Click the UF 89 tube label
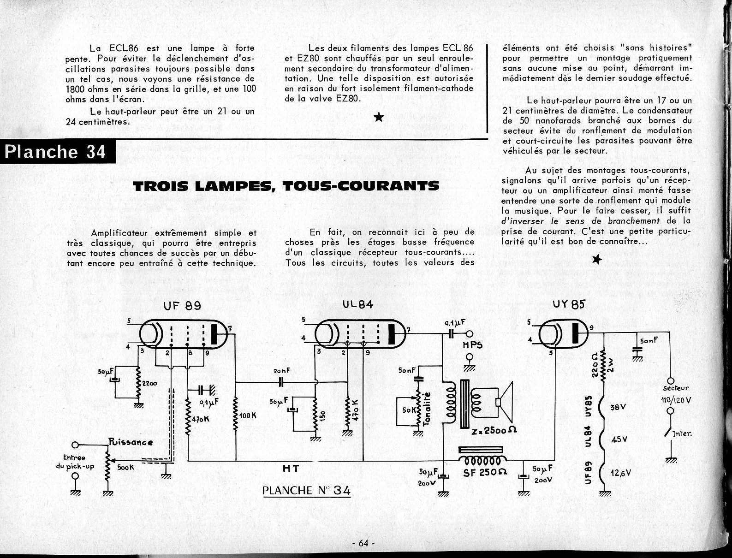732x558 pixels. [x=182, y=306]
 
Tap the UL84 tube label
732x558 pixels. [x=358, y=305]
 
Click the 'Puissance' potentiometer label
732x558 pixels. [x=131, y=442]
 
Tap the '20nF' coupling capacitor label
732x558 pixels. [x=281, y=371]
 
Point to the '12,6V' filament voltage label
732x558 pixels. [x=621, y=472]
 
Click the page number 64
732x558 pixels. [x=363, y=543]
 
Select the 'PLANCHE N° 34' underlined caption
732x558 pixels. [x=306, y=490]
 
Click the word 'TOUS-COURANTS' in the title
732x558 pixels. [x=360, y=185]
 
